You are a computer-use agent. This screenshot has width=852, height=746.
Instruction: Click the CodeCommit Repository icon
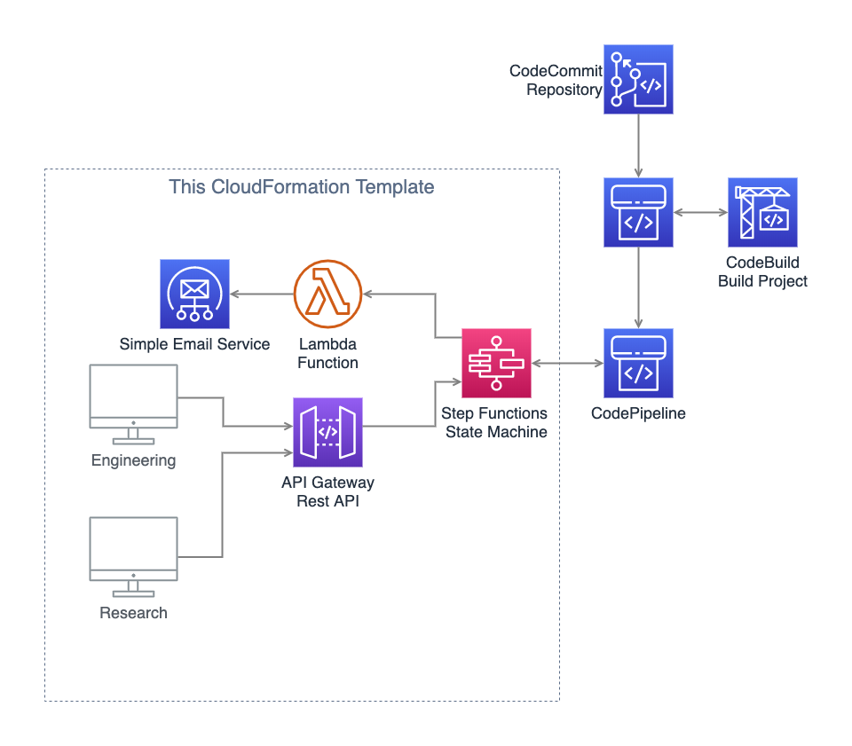click(638, 79)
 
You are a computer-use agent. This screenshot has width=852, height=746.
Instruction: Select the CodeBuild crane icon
click(762, 212)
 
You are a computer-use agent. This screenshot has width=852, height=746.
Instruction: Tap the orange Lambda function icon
click(327, 294)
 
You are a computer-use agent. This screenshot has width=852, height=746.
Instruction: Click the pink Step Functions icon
click(496, 363)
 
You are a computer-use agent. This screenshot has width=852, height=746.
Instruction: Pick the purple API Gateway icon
click(327, 432)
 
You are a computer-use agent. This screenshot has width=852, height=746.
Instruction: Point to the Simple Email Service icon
click(194, 294)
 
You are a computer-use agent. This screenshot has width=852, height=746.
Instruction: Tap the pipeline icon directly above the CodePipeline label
click(638, 363)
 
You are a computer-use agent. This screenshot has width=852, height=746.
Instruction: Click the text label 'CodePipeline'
click(638, 413)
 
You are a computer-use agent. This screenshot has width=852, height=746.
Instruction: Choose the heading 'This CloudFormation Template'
click(302, 187)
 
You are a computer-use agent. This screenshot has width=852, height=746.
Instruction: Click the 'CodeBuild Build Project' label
click(762, 271)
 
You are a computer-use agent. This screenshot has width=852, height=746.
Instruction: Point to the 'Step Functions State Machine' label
click(494, 422)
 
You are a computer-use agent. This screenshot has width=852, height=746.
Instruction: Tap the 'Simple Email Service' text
click(194, 344)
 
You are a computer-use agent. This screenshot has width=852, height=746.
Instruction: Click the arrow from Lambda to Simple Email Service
click(262, 294)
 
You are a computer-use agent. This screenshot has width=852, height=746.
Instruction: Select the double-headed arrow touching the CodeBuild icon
click(700, 213)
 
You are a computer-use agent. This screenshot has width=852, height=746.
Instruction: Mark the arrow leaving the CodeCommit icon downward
click(638, 145)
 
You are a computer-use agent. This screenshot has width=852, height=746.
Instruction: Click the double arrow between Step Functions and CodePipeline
click(567, 364)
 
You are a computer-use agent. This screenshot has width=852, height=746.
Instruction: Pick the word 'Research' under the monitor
click(133, 613)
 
